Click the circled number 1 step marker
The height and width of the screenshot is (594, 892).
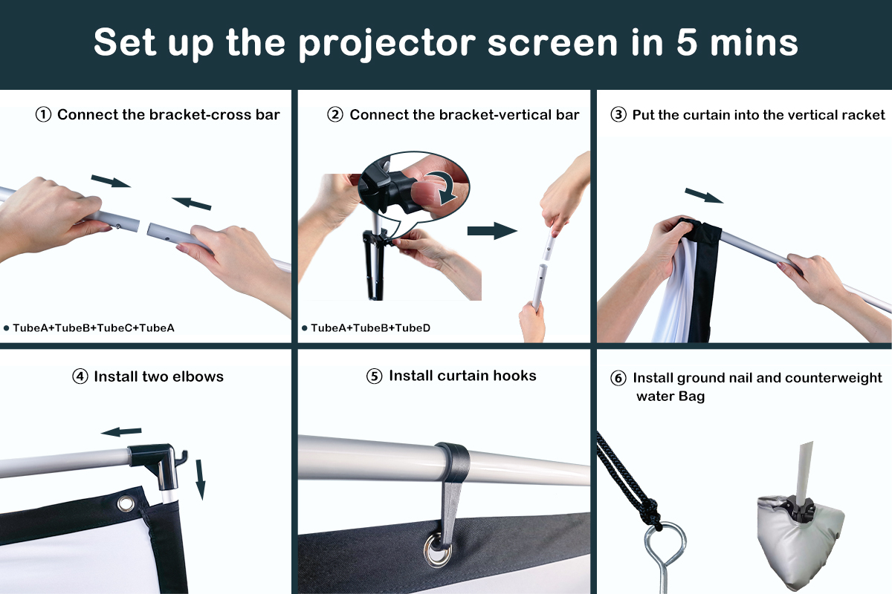click(44, 115)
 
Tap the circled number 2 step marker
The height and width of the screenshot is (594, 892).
click(335, 115)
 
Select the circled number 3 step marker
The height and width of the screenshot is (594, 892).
click(618, 115)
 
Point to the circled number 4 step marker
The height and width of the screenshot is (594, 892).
click(80, 376)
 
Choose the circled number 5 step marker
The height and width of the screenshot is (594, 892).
click(375, 376)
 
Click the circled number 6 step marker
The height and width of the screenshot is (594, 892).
click(618, 379)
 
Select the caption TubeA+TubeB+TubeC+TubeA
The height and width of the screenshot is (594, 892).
click(93, 327)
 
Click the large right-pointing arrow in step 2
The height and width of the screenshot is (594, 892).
click(492, 231)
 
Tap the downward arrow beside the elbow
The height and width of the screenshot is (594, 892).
click(199, 479)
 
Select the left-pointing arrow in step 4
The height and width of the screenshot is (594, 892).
click(121, 431)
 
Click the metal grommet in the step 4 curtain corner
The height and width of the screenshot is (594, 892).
click(126, 504)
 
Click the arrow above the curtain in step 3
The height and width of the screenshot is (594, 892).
click(703, 195)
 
